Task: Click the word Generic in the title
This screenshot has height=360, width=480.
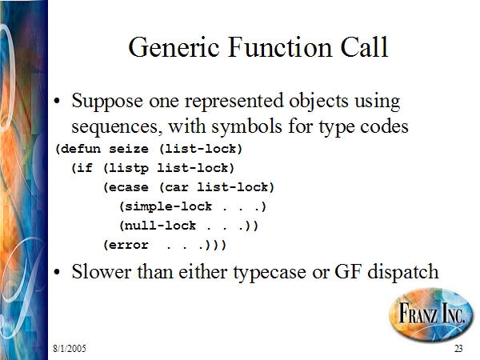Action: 174,47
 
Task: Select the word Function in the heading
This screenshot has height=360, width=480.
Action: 280,47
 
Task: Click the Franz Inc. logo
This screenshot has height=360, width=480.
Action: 431,314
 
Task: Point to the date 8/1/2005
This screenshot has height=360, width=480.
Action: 70,348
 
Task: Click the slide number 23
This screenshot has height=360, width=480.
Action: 458,348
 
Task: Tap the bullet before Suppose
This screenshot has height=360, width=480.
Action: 57,101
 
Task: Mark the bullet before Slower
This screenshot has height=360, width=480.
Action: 57,272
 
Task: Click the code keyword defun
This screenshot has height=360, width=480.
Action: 81,149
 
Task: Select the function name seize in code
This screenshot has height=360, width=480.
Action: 129,150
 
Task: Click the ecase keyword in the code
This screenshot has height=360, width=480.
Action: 129,187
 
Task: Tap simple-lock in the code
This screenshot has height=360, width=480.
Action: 168,206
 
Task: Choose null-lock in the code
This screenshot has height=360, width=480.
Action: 161,226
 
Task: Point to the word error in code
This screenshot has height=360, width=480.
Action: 129,246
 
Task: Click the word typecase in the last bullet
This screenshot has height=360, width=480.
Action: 270,273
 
